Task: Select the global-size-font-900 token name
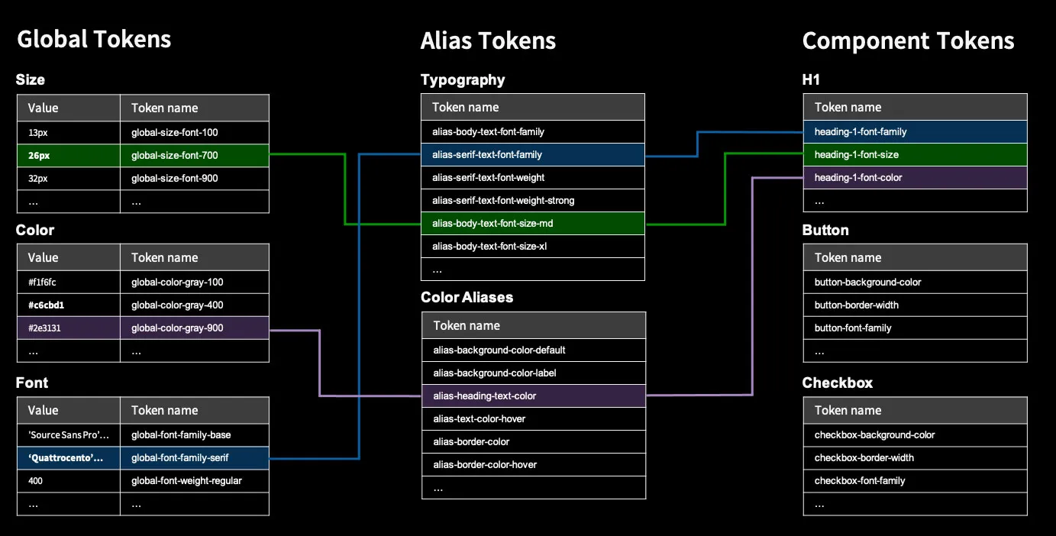pyautogui.click(x=174, y=179)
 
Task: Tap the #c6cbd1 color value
pyautogui.click(x=46, y=305)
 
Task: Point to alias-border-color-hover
pyautogui.click(x=485, y=465)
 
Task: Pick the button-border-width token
pyautogui.click(x=856, y=305)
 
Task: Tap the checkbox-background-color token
pyautogui.click(x=874, y=435)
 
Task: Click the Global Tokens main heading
pyautogui.click(x=94, y=39)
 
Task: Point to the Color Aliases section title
pyautogui.click(x=467, y=297)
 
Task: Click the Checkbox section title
pyautogui.click(x=837, y=383)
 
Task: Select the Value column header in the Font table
pyautogui.click(x=44, y=410)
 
